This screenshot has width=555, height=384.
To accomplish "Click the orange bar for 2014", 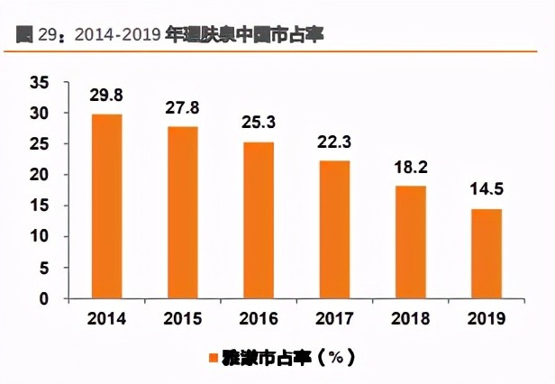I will [106, 206].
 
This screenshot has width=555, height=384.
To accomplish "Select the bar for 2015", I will [182, 213].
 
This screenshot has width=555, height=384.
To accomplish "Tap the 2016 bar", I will [259, 221].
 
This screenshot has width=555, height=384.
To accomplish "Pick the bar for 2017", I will [334, 230].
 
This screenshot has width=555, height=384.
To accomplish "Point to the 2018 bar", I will [411, 242].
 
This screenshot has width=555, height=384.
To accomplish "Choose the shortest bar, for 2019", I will [487, 254].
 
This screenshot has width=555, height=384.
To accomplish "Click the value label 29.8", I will [106, 96].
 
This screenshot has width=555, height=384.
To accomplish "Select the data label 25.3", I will [259, 123].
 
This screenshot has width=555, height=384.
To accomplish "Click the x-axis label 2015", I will [182, 318].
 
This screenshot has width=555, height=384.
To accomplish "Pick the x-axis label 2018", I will [411, 318].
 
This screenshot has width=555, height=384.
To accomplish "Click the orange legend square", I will [214, 359].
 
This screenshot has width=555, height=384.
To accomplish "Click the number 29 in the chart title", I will [44, 35].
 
